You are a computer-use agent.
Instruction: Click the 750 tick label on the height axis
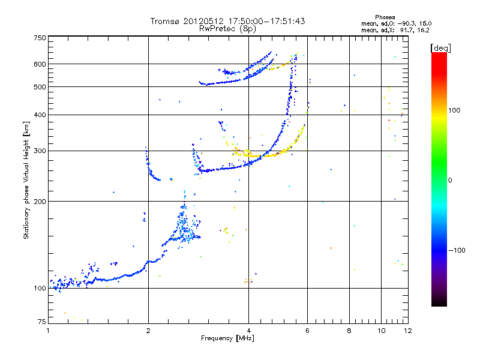click(40, 38)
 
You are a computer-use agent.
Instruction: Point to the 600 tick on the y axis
click(40, 64)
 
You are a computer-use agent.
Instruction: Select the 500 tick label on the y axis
click(40, 87)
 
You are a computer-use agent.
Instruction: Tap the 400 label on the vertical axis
click(40, 115)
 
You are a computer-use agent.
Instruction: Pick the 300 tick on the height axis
click(40, 151)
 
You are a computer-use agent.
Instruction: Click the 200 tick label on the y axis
click(40, 201)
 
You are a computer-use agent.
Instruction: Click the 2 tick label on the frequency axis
click(148, 331)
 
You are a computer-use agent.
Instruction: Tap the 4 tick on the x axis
click(248, 331)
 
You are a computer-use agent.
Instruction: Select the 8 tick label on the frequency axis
click(349, 331)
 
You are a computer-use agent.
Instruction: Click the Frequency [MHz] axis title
click(228, 339)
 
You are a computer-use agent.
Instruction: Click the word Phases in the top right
click(385, 17)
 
